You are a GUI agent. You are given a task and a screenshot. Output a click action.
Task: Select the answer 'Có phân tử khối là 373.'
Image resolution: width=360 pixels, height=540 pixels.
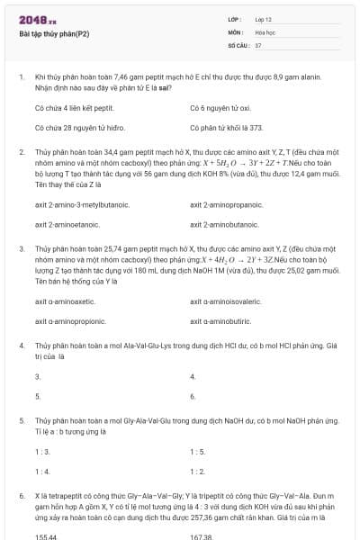(x=227, y=128)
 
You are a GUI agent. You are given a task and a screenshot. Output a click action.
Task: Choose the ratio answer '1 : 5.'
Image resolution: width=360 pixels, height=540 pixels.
(x=199, y=452)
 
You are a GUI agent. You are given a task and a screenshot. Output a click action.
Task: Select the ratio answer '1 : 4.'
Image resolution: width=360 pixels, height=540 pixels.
(x=42, y=471)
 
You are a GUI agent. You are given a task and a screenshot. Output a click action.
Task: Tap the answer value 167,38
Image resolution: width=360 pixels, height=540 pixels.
(x=202, y=536)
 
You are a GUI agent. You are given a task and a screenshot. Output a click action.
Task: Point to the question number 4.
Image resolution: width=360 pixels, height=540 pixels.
(x=21, y=345)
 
